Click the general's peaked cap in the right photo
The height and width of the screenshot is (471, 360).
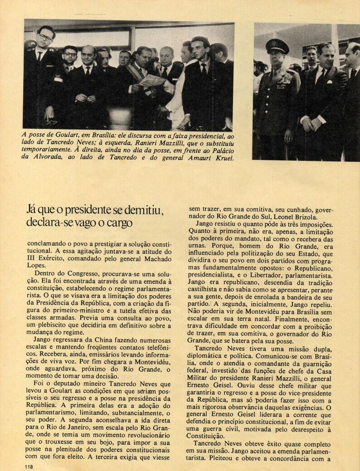277,45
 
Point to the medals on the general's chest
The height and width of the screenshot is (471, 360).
284,82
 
